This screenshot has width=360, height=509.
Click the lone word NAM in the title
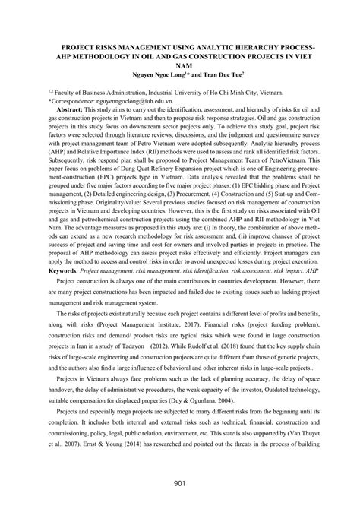coord(180,65)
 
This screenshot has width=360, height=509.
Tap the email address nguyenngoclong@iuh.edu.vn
coord(134,99)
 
